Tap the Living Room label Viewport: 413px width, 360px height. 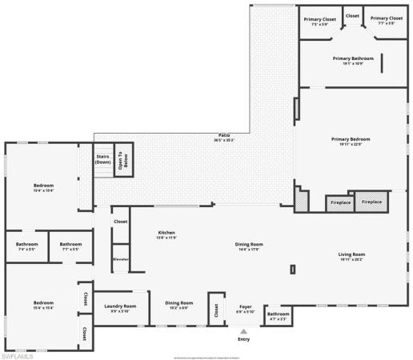(x=352, y=256)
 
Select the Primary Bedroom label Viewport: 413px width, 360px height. (x=351, y=141)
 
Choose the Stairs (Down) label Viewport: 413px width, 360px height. (x=102, y=159)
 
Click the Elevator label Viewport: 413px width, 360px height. (x=121, y=259)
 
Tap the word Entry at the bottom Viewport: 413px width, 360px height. (x=243, y=339)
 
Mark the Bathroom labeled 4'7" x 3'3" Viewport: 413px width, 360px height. (x=278, y=315)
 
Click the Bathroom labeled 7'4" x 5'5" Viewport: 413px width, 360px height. (x=26, y=246)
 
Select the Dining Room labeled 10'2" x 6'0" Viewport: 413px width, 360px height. (x=179, y=304)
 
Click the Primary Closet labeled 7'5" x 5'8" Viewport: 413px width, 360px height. (x=319, y=20)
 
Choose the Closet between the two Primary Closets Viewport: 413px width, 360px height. (x=352, y=15)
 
